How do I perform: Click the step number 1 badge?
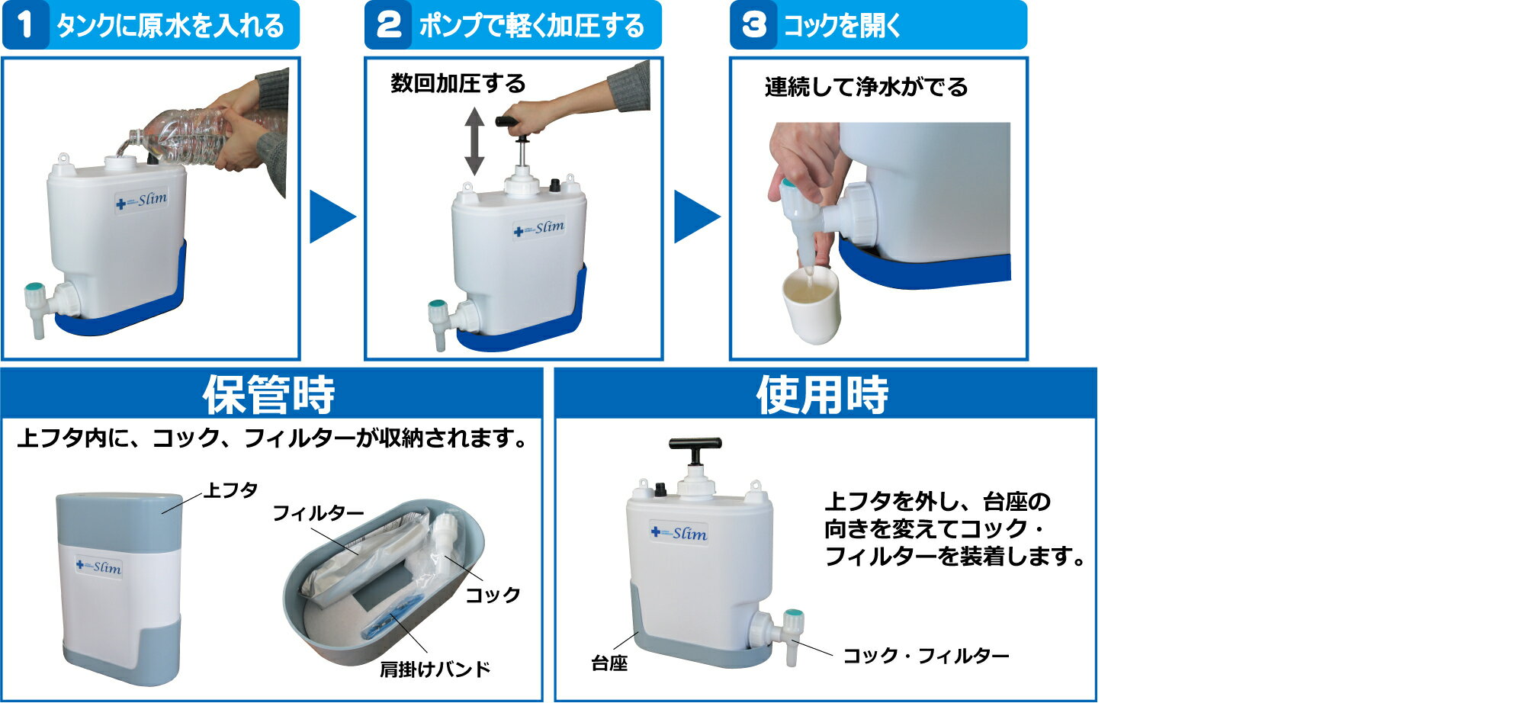click(x=25, y=24)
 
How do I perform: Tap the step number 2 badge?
click(x=389, y=24)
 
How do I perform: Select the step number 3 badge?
click(x=753, y=24)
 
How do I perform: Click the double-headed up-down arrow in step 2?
click(x=474, y=142)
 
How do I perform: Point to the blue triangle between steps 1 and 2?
click(x=329, y=217)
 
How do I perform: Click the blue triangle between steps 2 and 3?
click(x=694, y=217)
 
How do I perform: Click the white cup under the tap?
click(x=811, y=305)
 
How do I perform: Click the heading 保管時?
click(x=268, y=394)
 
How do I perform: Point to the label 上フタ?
click(x=230, y=490)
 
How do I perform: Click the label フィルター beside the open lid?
click(x=318, y=513)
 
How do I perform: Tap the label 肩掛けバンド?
click(x=435, y=669)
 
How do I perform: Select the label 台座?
click(x=609, y=663)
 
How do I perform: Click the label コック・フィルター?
click(x=925, y=656)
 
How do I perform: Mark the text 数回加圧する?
click(x=458, y=83)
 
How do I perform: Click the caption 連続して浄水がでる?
click(x=865, y=87)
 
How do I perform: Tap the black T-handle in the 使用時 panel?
click(x=695, y=444)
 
